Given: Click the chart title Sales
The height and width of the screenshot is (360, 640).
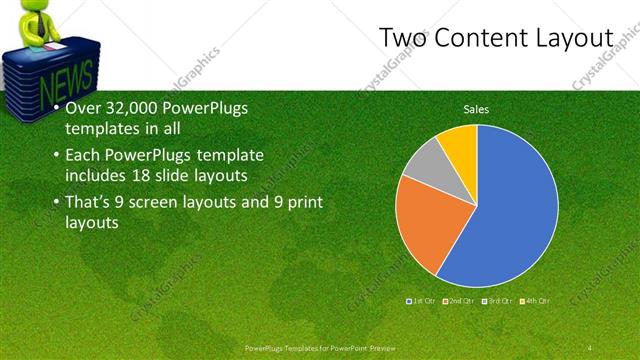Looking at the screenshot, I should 476,109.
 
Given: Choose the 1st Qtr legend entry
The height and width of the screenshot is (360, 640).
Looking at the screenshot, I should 419,300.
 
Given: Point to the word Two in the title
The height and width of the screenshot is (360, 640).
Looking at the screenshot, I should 404,38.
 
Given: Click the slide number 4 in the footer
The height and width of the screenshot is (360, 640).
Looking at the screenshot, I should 590,347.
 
